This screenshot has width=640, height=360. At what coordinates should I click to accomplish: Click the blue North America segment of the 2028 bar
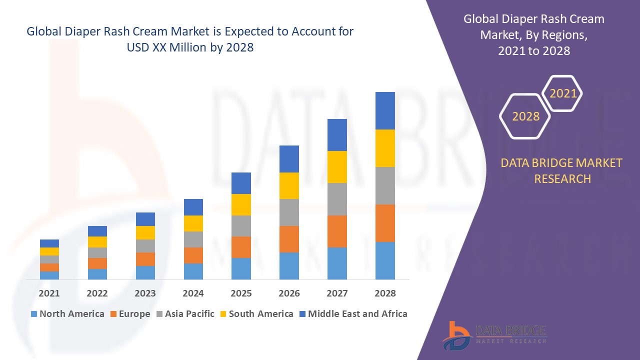[x=385, y=260]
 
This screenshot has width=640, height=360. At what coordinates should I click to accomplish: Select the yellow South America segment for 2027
[x=337, y=167]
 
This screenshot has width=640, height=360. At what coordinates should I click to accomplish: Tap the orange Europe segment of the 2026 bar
[x=289, y=239]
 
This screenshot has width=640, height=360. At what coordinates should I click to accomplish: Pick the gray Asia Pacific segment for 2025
[x=241, y=226]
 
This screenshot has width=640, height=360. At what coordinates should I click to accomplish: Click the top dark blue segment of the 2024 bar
[x=193, y=207]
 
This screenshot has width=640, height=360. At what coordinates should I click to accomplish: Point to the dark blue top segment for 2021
[x=49, y=243]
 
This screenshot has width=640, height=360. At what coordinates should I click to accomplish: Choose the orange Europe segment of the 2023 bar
[x=145, y=259]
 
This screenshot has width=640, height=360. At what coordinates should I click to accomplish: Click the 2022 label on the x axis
[x=97, y=293]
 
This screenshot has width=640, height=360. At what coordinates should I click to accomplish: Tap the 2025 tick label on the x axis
[x=241, y=293]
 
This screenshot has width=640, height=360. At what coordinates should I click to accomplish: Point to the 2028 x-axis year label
[x=385, y=293]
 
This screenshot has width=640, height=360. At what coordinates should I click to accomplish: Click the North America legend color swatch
[x=34, y=314]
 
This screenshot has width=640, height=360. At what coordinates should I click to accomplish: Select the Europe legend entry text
[x=134, y=314]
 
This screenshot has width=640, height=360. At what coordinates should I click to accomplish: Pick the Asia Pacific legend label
[x=189, y=314]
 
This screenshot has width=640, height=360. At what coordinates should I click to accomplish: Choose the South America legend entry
[x=261, y=314]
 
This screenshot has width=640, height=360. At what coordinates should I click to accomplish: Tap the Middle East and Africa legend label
[x=357, y=314]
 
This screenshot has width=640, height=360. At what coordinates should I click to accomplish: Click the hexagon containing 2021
[x=563, y=93]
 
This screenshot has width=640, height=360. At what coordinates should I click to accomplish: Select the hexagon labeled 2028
[x=525, y=116]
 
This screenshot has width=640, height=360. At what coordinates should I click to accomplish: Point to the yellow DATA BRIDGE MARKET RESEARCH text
[x=562, y=170]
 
